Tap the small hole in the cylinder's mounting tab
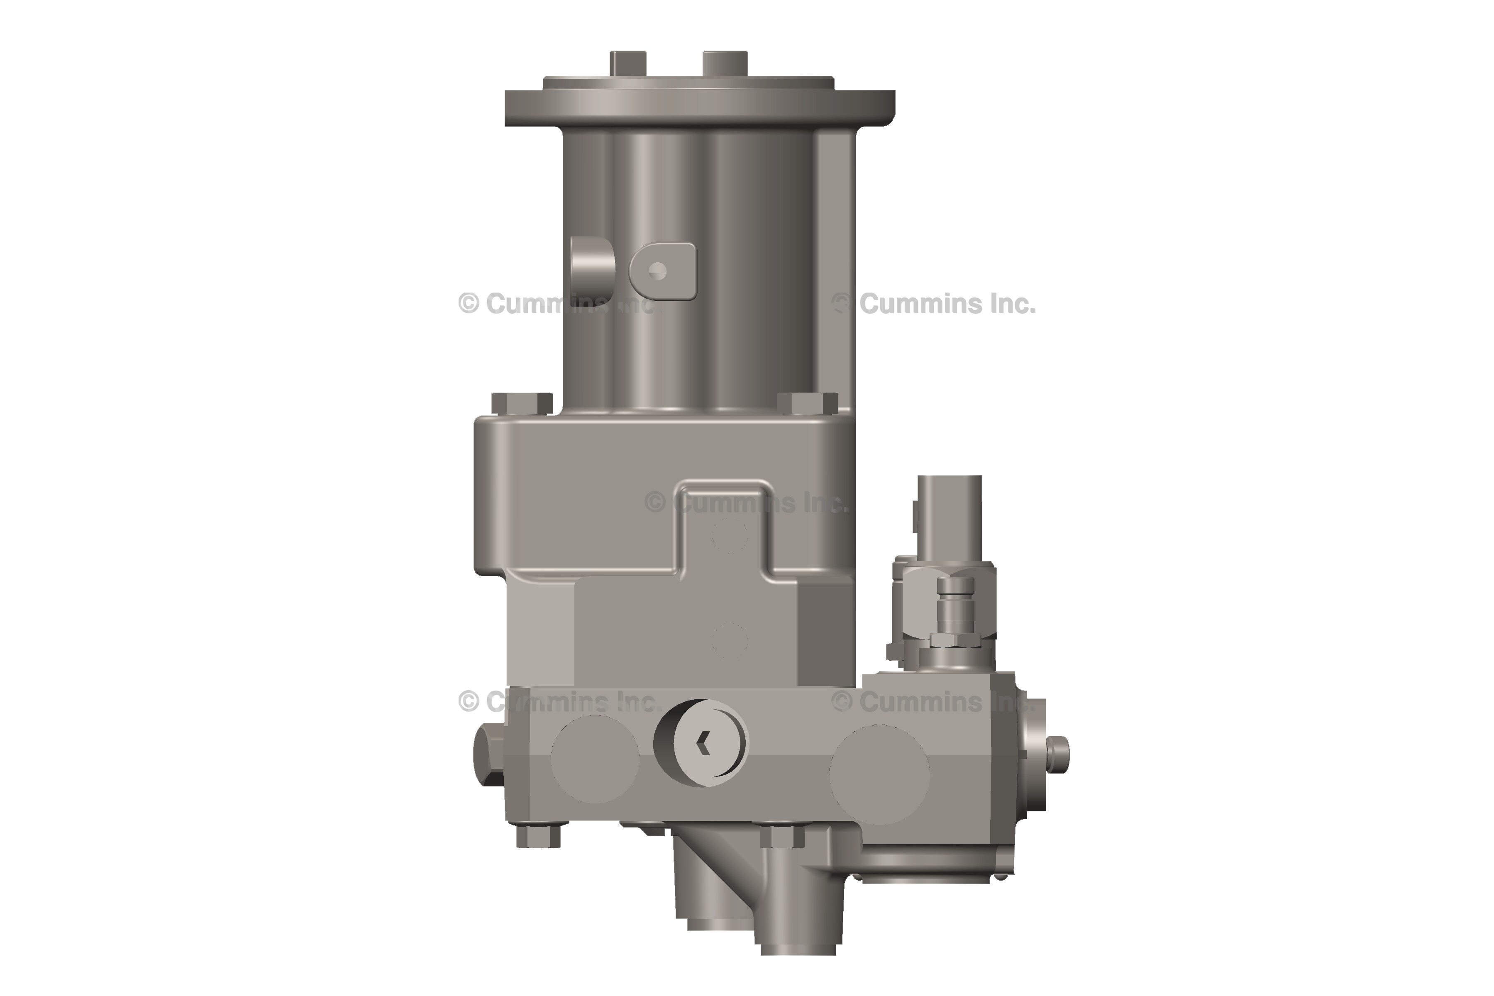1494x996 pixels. point(658,271)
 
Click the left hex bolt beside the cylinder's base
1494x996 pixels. point(522,404)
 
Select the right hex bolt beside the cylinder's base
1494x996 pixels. point(807,404)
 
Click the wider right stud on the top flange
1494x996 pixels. point(724,63)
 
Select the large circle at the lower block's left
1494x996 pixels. point(595,759)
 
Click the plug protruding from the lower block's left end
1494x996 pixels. point(488,756)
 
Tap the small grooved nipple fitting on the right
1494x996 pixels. point(955,609)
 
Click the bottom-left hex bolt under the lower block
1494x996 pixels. point(537,836)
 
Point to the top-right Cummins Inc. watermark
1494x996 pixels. point(934,304)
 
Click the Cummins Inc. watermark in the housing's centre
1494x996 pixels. point(746,503)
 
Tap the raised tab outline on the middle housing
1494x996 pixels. point(725,527)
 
